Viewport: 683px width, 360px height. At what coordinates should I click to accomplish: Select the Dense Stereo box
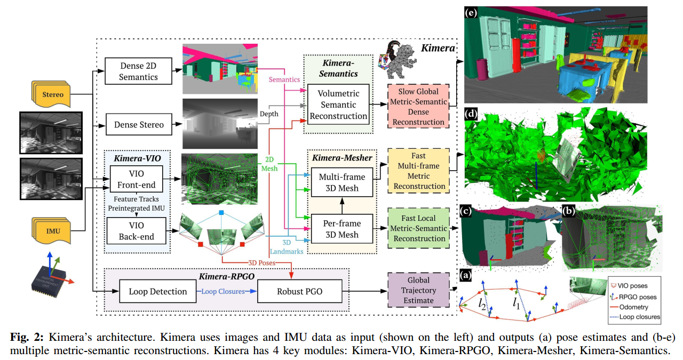pyautogui.click(x=138, y=125)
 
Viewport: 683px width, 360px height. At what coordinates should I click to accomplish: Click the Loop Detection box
pyautogui.click(x=158, y=291)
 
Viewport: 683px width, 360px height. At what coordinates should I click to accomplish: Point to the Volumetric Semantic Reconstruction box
pyautogui.click(x=338, y=105)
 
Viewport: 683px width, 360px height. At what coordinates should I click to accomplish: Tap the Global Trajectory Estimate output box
pyautogui.click(x=418, y=291)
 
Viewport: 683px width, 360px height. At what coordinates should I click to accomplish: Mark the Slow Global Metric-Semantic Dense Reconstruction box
pyautogui.click(x=418, y=107)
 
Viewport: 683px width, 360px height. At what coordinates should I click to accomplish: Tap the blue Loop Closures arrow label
pyautogui.click(x=223, y=292)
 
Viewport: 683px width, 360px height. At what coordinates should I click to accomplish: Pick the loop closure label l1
pyautogui.click(x=516, y=304)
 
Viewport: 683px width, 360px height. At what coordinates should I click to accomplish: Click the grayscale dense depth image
pyautogui.click(x=219, y=124)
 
